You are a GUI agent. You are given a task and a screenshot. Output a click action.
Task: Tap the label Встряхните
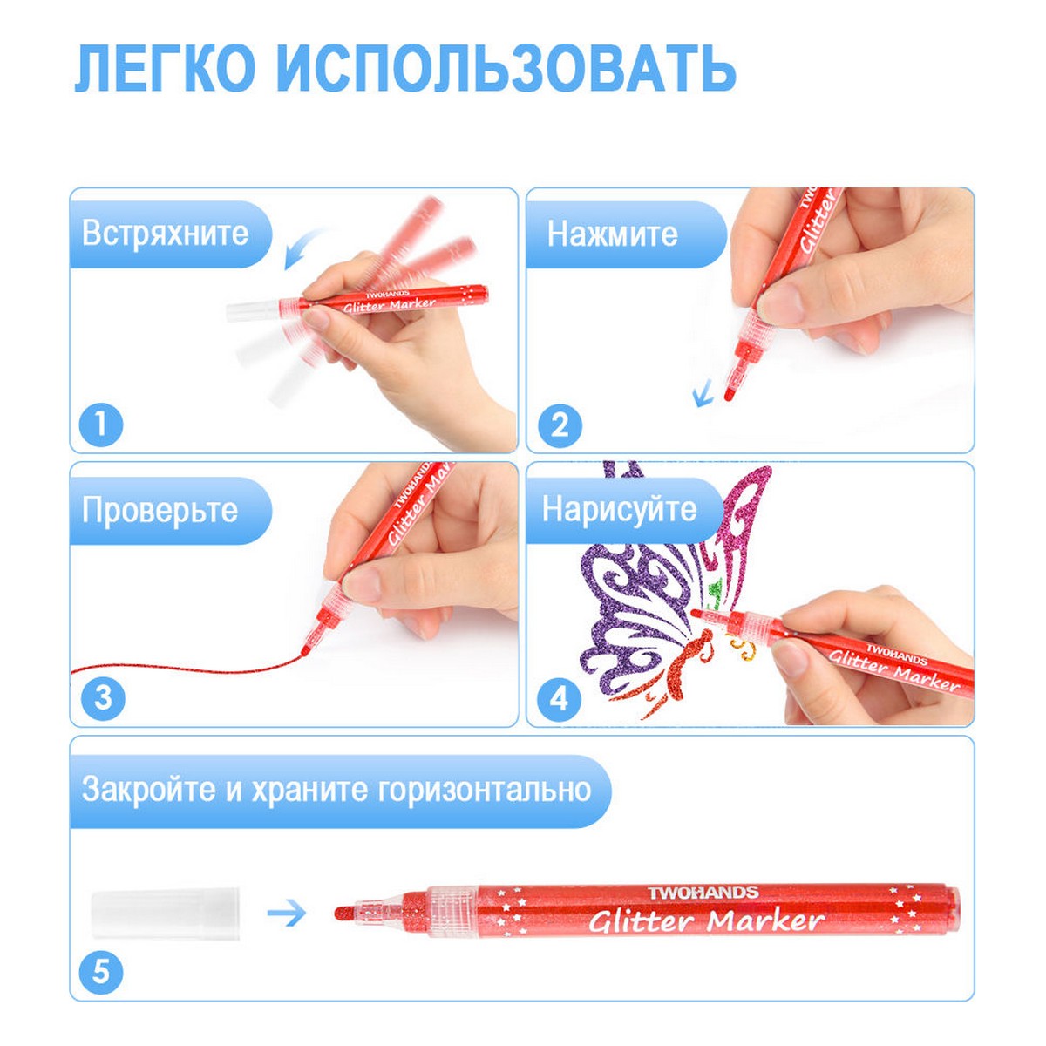[x=165, y=234]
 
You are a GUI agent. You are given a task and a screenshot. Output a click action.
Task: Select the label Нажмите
[x=612, y=234]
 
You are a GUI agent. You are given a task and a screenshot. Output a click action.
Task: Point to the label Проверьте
[x=160, y=510]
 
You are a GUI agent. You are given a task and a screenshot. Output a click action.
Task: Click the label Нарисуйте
[x=620, y=509]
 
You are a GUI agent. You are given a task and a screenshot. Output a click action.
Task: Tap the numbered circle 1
[x=101, y=424]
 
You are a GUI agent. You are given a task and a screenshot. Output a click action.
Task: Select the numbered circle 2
[x=560, y=425]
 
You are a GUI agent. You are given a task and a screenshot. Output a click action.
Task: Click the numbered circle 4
[x=559, y=698]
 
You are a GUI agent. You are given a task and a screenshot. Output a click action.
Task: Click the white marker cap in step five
[x=165, y=913]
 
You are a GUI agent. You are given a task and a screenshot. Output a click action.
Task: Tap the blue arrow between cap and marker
[x=287, y=914]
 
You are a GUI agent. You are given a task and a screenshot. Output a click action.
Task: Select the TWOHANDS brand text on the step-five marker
[x=703, y=893]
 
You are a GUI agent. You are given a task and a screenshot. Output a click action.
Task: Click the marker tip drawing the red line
[x=304, y=649]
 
